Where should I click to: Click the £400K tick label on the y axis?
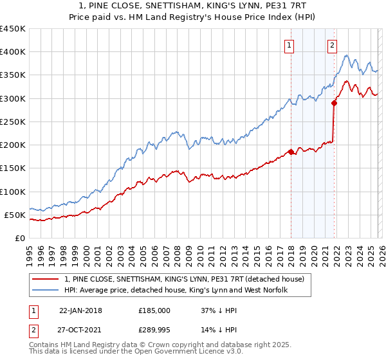pos(13,52)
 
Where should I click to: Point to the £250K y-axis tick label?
pos(13,122)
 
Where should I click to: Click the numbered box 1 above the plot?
pos(290,45)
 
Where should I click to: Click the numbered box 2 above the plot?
pos(333,45)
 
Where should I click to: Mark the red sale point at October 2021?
pos(335,103)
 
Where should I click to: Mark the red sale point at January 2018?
pos(291,152)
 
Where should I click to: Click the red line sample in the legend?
pos(46,278)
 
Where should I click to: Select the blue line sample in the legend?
pos(46,290)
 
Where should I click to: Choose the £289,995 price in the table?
pos(155,330)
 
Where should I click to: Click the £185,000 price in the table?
pos(154,310)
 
